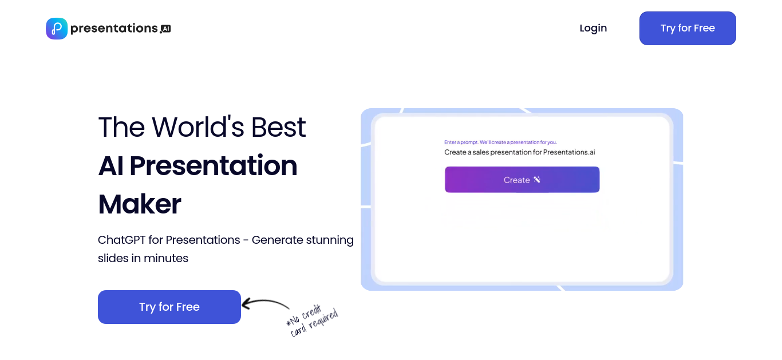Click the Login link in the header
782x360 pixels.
(593, 28)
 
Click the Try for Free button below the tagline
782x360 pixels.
(169, 307)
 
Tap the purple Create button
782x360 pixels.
(522, 180)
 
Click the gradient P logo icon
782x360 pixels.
(57, 29)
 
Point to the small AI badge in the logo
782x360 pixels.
(166, 29)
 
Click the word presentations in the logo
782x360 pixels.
(114, 28)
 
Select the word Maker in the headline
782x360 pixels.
(140, 204)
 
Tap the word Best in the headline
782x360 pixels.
(279, 127)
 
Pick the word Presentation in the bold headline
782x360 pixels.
(214, 165)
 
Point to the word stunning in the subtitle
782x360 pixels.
(330, 240)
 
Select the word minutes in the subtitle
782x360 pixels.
(166, 258)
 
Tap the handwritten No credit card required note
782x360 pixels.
(312, 321)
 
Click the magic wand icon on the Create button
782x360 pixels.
(537, 180)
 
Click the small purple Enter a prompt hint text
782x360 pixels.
(500, 142)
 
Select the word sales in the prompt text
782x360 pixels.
(480, 152)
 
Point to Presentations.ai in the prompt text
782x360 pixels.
(569, 152)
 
